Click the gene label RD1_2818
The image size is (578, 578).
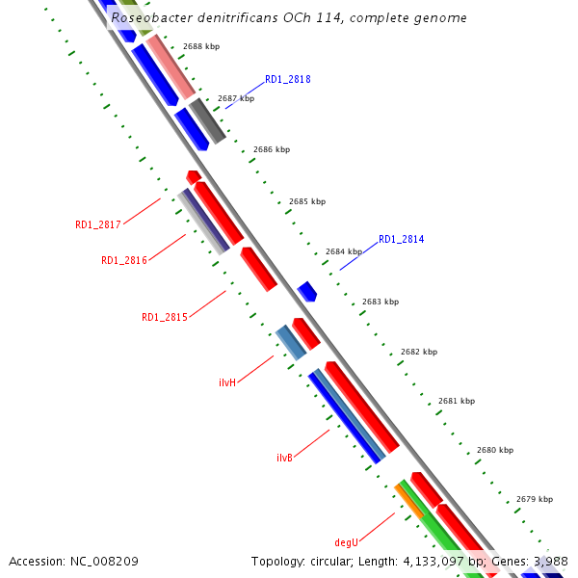pos(287,80)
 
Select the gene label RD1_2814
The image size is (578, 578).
pos(401,239)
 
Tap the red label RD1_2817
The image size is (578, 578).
pos(98,224)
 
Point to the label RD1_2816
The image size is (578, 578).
pos(124,260)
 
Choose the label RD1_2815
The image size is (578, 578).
pos(165,317)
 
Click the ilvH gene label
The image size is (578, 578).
pos(227,382)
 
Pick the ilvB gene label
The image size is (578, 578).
pos(284,458)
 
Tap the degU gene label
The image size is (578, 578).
pos(346,543)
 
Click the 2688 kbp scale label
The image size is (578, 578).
pos(200,46)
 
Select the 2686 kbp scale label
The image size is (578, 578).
pos(272,149)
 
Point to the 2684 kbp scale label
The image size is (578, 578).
pos(344,251)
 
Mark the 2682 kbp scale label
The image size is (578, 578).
pos(418,352)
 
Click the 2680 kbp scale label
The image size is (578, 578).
pos(494,450)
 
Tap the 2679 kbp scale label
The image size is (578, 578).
pos(534,499)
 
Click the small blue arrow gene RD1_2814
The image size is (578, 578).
pos(307,291)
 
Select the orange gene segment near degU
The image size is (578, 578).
pos(408,501)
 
